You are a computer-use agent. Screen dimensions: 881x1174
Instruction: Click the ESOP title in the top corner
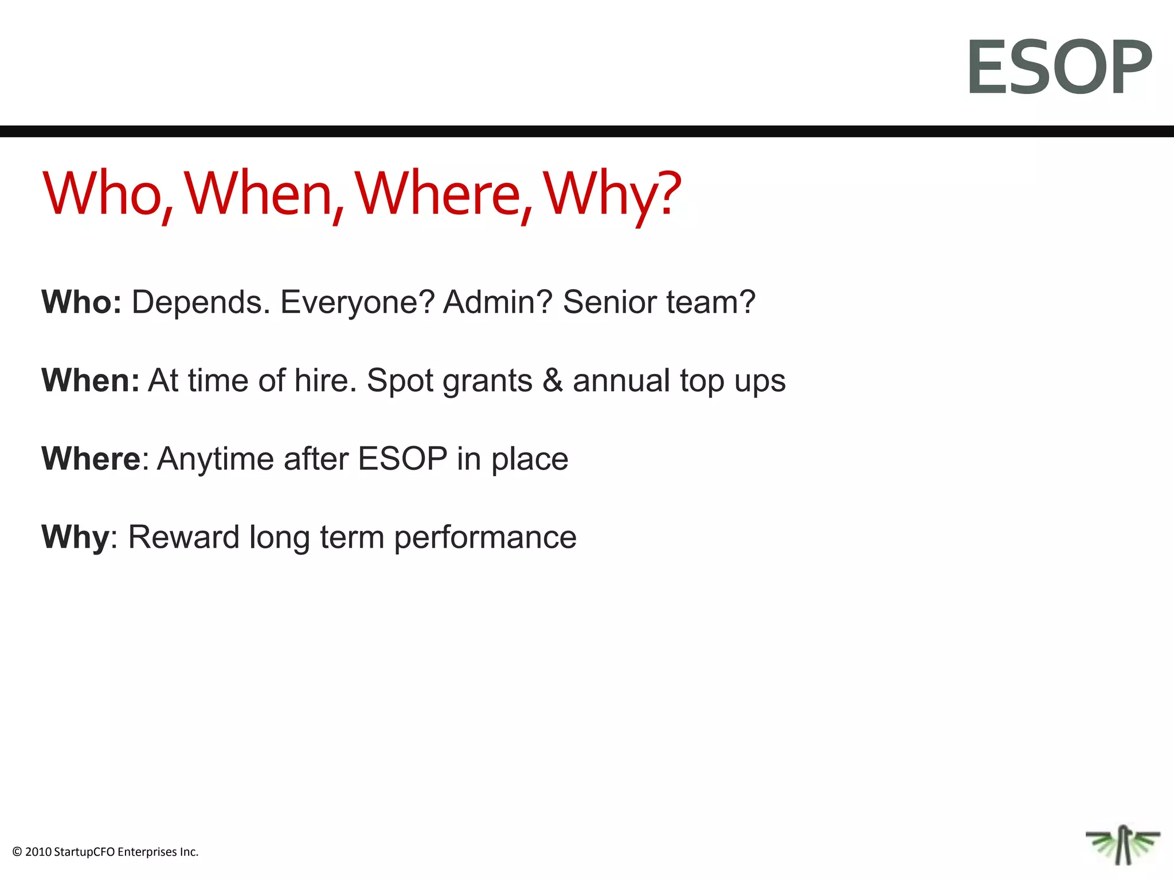click(x=1059, y=67)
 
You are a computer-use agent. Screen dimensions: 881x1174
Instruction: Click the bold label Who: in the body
click(x=81, y=302)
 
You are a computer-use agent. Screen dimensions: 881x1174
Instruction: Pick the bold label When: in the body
click(x=91, y=380)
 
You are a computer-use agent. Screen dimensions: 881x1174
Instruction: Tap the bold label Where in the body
click(x=91, y=459)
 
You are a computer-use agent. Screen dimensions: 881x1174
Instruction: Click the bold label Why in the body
click(x=75, y=537)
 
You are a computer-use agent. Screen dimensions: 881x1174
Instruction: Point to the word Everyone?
click(x=357, y=302)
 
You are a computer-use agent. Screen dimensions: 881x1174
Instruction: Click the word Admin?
click(x=498, y=302)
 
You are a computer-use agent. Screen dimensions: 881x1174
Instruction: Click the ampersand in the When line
click(x=553, y=380)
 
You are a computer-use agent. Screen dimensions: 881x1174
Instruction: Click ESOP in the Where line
click(x=402, y=459)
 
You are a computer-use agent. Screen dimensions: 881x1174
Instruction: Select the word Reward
click(x=183, y=537)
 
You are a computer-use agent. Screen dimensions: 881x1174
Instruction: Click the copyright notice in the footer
click(x=105, y=852)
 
